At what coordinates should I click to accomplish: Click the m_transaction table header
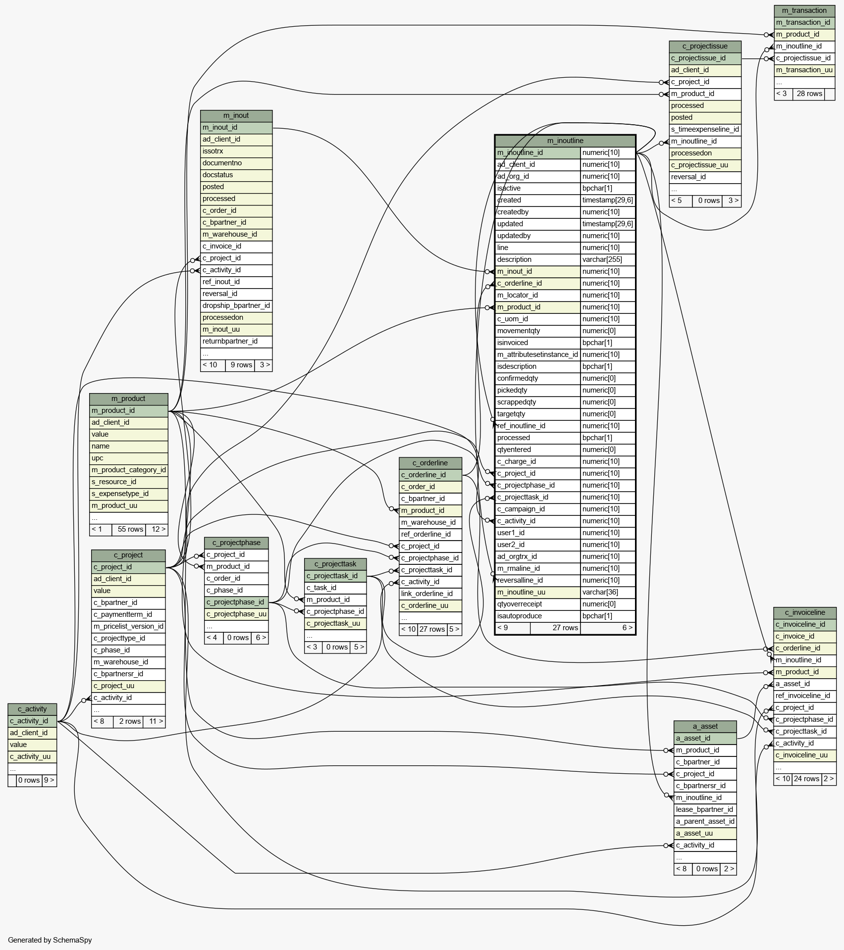(x=804, y=10)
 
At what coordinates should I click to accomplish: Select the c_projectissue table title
(x=705, y=46)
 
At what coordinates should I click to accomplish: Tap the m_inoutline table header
(x=565, y=141)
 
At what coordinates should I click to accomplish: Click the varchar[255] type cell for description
(x=607, y=259)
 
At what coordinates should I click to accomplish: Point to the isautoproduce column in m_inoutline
(x=538, y=616)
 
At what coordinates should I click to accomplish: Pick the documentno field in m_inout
(x=236, y=163)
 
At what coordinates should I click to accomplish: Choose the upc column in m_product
(x=128, y=458)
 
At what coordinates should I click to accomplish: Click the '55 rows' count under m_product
(x=130, y=529)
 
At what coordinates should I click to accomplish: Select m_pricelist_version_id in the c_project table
(x=128, y=626)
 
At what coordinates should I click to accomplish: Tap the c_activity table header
(x=32, y=709)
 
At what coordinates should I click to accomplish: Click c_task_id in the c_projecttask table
(x=335, y=588)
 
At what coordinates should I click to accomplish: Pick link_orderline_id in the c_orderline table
(x=430, y=594)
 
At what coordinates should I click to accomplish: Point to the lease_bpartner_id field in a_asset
(x=705, y=809)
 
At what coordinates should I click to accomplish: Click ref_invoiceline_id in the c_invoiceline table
(x=805, y=696)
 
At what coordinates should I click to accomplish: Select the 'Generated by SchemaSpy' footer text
(x=50, y=940)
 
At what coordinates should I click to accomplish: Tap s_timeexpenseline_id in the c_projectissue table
(x=705, y=129)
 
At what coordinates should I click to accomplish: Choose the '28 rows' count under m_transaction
(x=809, y=94)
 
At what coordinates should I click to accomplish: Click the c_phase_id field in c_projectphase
(x=236, y=590)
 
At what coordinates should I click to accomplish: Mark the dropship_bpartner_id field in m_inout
(x=236, y=305)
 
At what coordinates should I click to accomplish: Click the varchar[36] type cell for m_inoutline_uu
(x=607, y=592)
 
